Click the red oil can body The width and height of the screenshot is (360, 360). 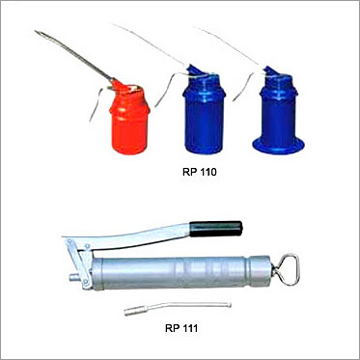[129, 125]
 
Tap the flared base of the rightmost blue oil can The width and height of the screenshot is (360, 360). [278, 146]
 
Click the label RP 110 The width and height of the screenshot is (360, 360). [200, 172]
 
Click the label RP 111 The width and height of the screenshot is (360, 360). [181, 328]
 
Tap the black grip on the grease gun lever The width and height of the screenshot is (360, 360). [216, 229]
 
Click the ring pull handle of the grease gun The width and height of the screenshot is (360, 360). [286, 269]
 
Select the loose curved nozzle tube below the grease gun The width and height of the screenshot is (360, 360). [178, 308]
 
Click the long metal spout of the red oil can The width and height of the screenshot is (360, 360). [73, 55]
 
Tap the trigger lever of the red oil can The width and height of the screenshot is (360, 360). [97, 103]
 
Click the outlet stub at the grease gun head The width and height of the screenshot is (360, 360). [74, 277]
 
